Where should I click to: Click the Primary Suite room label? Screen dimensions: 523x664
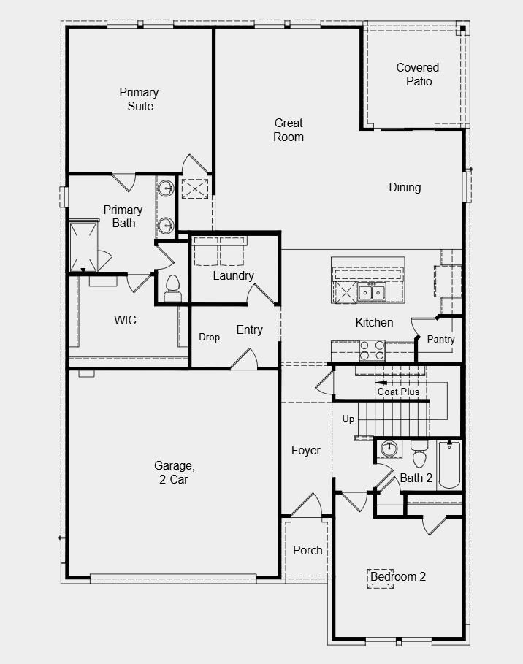pos(139,99)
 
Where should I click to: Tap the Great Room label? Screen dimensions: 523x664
pos(289,130)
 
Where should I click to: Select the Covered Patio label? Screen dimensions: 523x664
pos(418,74)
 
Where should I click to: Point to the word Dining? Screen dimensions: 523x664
pos(405,187)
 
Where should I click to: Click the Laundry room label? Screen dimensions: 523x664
pos(233,275)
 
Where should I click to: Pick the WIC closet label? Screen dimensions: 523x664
pos(126,320)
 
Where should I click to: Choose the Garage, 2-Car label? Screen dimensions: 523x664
pos(174,472)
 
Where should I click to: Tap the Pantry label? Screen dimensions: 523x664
pos(440,339)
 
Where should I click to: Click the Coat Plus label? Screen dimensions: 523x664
pos(398,392)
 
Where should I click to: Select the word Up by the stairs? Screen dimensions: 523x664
pos(348,419)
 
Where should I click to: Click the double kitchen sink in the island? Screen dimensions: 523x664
pos(371,292)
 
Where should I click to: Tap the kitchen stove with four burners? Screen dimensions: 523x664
pos(372,350)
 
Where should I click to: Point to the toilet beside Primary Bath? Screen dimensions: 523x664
pos(172,289)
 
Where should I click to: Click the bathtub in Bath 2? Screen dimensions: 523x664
pos(449,465)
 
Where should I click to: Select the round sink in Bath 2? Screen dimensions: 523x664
pos(389,449)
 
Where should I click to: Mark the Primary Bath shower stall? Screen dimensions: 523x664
pos(83,245)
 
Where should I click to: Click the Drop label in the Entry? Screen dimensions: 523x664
pos(209,337)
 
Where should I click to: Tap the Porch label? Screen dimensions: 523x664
pos(308,550)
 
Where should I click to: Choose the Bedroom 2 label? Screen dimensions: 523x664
pos(397,576)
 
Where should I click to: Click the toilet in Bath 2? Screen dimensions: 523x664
pos(419,454)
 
